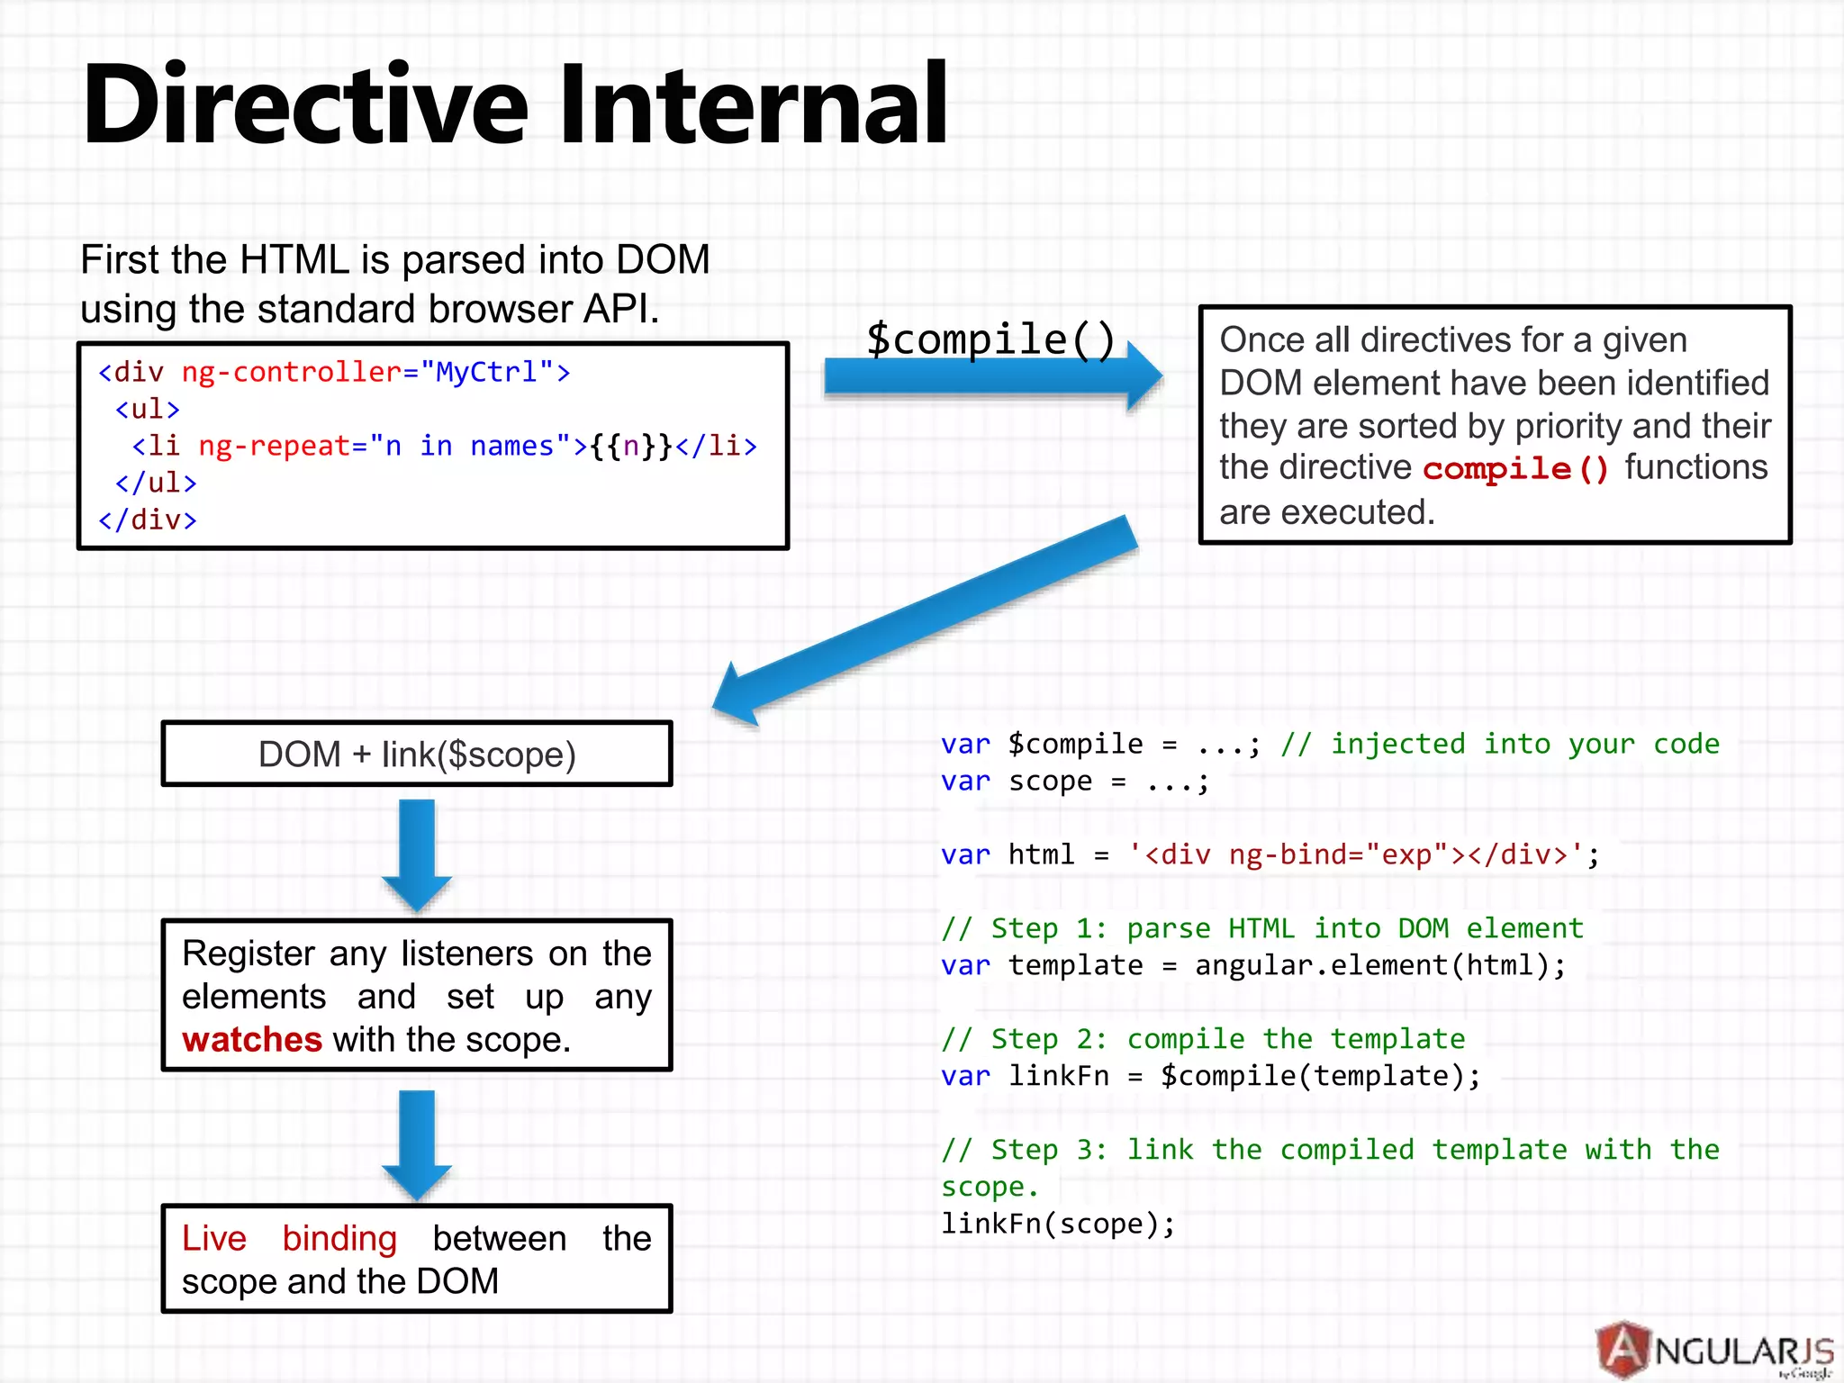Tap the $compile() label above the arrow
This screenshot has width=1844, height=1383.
coord(990,339)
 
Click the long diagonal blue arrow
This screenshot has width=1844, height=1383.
coord(927,621)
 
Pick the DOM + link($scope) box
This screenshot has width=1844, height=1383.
coord(417,754)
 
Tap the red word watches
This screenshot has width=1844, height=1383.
coord(251,1040)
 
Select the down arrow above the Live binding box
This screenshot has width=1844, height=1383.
coord(417,1143)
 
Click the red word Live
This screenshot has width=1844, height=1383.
coord(214,1239)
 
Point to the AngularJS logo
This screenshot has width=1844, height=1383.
coord(1715,1350)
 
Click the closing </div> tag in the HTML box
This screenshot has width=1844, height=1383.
coord(147,520)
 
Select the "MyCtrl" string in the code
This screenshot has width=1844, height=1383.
coord(487,372)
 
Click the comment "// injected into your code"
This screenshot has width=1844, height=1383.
coord(1500,744)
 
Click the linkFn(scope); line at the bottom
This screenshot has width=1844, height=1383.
coord(1058,1224)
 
